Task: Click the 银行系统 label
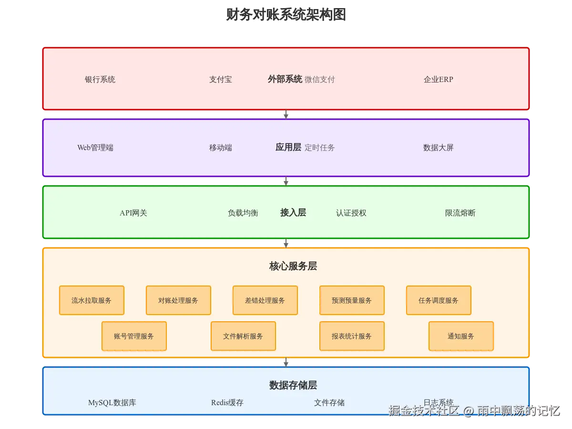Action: (x=100, y=80)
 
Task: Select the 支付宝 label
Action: (x=221, y=80)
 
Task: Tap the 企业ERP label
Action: (x=439, y=80)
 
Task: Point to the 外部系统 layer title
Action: (x=285, y=79)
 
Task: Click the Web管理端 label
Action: (x=95, y=148)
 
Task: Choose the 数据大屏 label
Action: (x=439, y=148)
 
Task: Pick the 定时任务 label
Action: (x=320, y=148)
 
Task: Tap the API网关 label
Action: (x=133, y=213)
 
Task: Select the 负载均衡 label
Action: (x=243, y=213)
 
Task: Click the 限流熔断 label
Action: (x=460, y=213)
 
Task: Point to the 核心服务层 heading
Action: (x=293, y=266)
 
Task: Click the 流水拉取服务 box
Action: (x=92, y=300)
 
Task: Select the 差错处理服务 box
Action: (x=265, y=300)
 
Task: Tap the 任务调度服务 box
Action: (x=439, y=300)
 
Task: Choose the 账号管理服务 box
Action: (x=134, y=336)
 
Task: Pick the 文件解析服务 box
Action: (x=243, y=336)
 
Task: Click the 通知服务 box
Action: (x=461, y=336)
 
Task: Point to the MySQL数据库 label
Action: (x=112, y=403)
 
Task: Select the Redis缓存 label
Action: (x=227, y=403)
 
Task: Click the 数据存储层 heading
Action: (x=293, y=385)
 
